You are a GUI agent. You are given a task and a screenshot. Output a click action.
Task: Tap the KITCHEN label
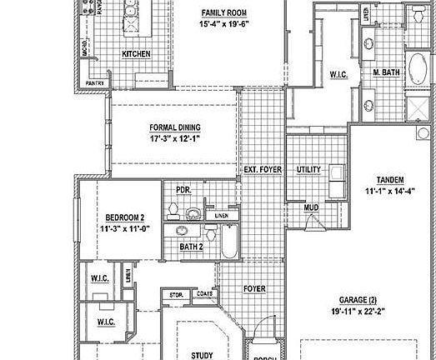[x=136, y=54]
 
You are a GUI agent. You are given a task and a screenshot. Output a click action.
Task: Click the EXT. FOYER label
[x=263, y=170]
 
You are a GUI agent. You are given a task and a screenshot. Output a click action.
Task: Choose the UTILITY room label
[x=308, y=170]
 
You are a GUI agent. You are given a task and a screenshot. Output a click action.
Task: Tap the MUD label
[x=311, y=207]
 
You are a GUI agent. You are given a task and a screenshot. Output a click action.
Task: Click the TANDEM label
[x=390, y=180]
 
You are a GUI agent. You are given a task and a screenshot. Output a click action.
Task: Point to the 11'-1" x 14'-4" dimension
[x=390, y=192]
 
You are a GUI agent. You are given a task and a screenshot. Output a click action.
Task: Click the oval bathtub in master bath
[x=417, y=66]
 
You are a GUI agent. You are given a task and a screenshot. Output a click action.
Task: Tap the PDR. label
[x=183, y=190]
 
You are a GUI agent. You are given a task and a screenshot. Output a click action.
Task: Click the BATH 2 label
[x=192, y=247]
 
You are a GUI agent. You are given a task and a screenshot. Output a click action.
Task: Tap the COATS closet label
[x=203, y=294]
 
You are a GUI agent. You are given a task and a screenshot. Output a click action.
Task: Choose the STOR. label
[x=176, y=294]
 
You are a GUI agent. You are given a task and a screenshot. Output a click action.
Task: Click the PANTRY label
[x=95, y=83]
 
